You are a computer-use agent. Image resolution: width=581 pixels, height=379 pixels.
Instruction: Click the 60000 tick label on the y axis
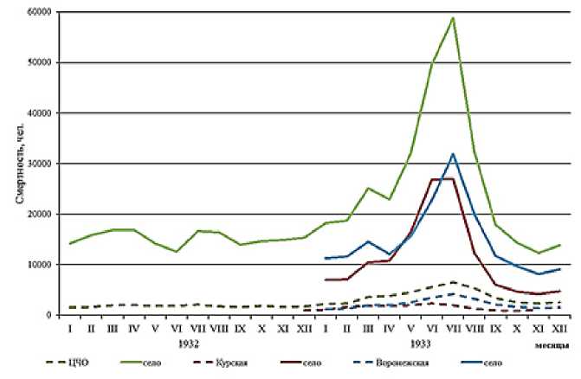pyautogui.click(x=33, y=12)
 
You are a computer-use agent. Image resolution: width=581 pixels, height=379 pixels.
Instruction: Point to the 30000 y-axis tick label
pyautogui.click(x=33, y=164)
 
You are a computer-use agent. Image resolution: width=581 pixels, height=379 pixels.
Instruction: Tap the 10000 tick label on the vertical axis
pyautogui.click(x=33, y=265)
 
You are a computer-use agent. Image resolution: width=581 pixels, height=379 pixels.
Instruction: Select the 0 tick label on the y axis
pyautogui.click(x=44, y=315)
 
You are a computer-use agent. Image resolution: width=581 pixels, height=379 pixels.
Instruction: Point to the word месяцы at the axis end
pyautogui.click(x=552, y=344)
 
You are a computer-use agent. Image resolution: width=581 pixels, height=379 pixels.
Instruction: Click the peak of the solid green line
pyautogui.click(x=453, y=17)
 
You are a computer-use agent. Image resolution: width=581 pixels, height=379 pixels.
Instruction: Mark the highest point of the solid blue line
pyautogui.click(x=453, y=154)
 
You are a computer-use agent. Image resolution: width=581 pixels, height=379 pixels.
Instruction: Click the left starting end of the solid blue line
pyautogui.click(x=325, y=258)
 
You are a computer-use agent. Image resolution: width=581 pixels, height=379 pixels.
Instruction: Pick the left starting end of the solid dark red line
pyautogui.click(x=325, y=279)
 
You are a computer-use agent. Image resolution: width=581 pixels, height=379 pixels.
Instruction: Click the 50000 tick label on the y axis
pyautogui.click(x=33, y=62)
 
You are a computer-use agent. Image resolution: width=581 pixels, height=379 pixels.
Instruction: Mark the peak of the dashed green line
pyautogui.click(x=453, y=282)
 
